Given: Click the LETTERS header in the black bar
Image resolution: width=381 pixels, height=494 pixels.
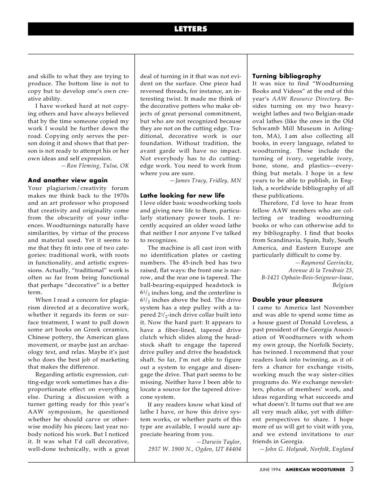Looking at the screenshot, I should click(190, 29).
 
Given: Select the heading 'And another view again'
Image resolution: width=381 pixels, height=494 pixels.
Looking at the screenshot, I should click(68, 180).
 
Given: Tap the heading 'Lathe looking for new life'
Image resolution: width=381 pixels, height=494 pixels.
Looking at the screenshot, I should click(182, 195).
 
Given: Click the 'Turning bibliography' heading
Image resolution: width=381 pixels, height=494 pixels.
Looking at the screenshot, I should click(287, 76).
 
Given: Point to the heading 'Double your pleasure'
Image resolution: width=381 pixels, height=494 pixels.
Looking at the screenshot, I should click(287, 300).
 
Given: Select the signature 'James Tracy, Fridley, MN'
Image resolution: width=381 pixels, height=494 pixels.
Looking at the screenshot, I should click(206, 181).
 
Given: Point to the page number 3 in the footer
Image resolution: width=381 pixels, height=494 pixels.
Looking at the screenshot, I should click(351, 470).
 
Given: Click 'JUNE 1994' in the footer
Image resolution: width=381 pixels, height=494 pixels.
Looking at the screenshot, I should click(270, 470).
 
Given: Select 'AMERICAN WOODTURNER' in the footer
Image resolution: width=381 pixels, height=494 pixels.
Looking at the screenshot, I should click(315, 470).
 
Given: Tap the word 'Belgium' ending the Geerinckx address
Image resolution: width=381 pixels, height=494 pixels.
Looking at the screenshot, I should click(343, 285).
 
